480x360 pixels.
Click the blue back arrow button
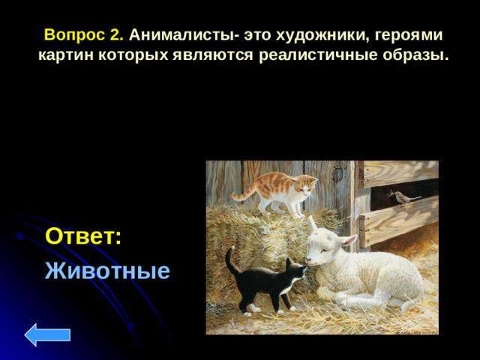[x=47, y=334]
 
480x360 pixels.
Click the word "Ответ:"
[x=83, y=236]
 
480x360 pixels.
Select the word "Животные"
[x=107, y=270]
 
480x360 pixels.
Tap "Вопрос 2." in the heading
[x=84, y=35]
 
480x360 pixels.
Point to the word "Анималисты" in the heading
[x=179, y=35]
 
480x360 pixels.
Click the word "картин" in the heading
[x=65, y=55]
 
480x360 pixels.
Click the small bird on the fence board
[x=404, y=197]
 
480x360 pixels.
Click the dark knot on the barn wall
[x=338, y=176]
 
